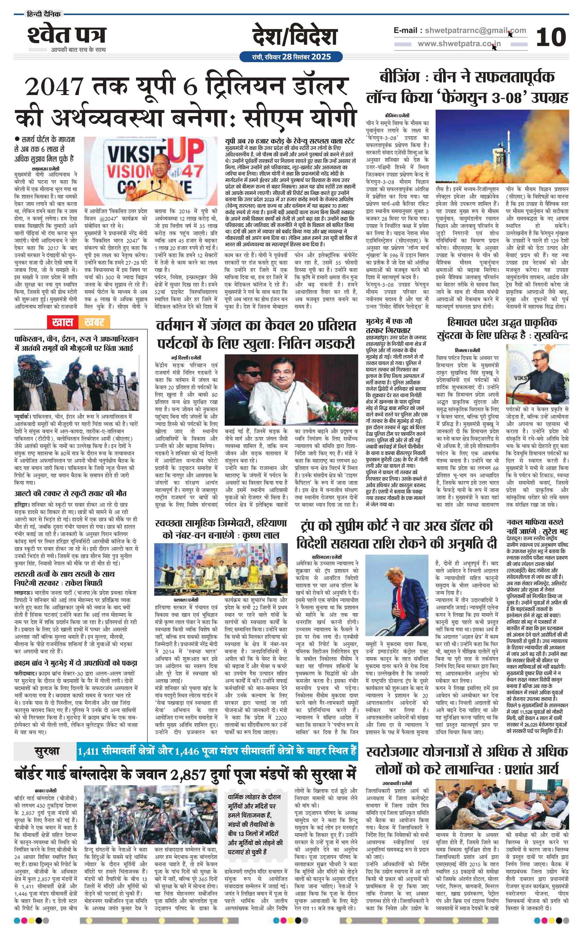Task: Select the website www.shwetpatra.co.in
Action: point(459,44)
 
